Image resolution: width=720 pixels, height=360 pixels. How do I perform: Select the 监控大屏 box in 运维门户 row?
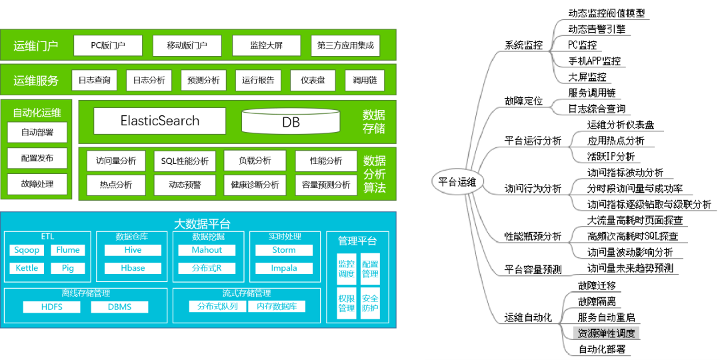tap(267, 45)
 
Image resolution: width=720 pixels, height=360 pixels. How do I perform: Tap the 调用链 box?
tap(365, 80)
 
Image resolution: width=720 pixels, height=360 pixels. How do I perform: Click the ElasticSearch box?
tap(160, 121)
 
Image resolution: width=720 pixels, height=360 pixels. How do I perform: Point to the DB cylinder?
tap(291, 122)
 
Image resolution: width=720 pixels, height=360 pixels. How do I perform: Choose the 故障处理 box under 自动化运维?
tap(37, 184)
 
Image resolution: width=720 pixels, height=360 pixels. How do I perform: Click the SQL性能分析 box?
tap(185, 161)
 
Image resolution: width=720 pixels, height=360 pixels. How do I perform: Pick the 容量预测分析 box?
tap(326, 185)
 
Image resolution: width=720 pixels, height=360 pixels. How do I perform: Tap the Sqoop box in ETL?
tap(27, 250)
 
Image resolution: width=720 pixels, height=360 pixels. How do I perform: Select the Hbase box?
tap(133, 268)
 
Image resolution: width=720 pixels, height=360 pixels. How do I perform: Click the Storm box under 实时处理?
tap(284, 250)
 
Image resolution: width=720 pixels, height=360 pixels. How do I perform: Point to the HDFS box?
tap(51, 307)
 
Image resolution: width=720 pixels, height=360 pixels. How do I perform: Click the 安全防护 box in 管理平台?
tap(370, 303)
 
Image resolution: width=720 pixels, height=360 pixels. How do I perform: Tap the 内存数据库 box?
tap(277, 307)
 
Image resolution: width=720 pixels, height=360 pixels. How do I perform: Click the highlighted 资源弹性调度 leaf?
tap(606, 333)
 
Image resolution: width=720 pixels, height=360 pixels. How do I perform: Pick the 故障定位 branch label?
tap(523, 101)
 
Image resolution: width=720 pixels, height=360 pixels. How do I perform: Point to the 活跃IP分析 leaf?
tap(611, 157)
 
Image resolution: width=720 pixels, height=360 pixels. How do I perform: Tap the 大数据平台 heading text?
tap(202, 223)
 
